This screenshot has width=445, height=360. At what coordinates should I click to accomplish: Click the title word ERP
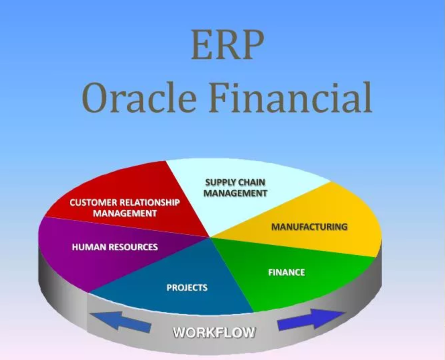click(227, 45)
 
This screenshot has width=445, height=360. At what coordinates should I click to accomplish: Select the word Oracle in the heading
click(139, 98)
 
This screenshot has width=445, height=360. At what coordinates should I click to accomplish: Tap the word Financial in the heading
click(291, 97)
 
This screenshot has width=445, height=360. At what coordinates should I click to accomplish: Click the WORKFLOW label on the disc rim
click(214, 332)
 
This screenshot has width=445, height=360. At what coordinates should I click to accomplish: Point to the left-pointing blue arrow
click(121, 322)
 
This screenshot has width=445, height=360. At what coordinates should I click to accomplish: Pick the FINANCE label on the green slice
click(287, 272)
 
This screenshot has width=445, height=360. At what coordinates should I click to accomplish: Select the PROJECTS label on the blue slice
click(187, 288)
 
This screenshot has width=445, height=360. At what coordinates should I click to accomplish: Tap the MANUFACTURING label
click(310, 227)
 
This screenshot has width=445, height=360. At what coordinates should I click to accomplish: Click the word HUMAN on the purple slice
click(89, 247)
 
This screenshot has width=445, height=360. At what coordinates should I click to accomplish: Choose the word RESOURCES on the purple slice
click(133, 247)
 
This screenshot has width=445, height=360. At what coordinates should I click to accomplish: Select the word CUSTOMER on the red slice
click(93, 203)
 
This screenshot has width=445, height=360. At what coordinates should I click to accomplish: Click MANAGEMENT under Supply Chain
click(235, 193)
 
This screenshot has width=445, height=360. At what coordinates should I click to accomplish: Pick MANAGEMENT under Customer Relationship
click(125, 213)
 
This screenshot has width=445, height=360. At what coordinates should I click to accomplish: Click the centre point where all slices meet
click(210, 238)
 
